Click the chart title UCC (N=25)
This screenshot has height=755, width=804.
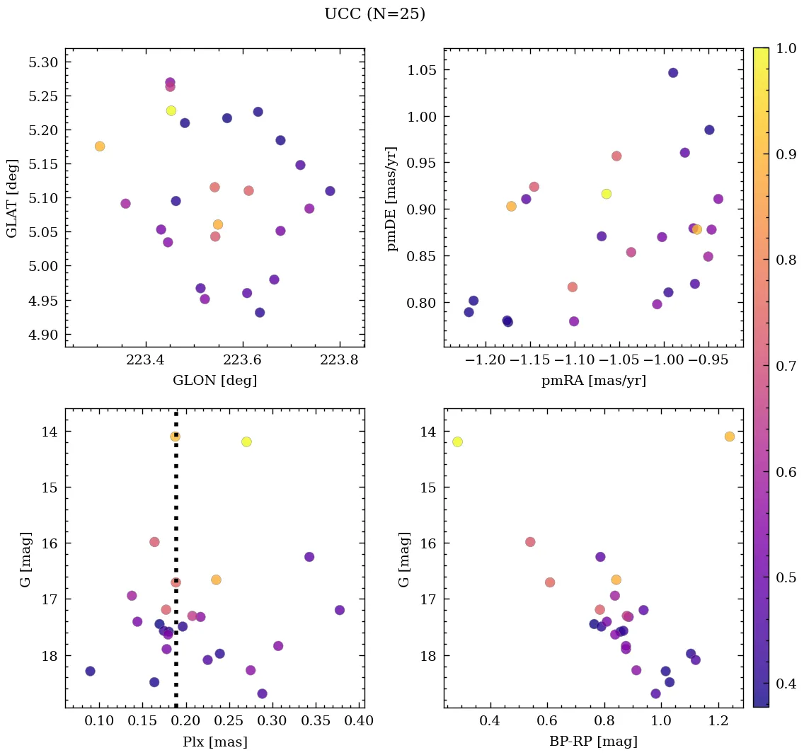click(x=374, y=14)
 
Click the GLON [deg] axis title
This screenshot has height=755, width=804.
click(x=214, y=381)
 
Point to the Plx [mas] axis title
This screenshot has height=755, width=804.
click(x=214, y=742)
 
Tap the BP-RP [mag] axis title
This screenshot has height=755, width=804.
click(x=593, y=742)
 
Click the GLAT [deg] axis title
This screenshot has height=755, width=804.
click(x=12, y=198)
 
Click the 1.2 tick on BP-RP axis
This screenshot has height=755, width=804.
click(x=718, y=722)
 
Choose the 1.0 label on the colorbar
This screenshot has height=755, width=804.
click(x=787, y=48)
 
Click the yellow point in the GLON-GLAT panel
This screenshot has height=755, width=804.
click(x=171, y=110)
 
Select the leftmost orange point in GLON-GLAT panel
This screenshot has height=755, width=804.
click(x=100, y=146)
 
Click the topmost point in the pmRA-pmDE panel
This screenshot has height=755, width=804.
click(x=673, y=73)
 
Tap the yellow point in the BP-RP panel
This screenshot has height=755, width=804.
click(x=457, y=442)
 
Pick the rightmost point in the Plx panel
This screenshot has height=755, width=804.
click(x=340, y=610)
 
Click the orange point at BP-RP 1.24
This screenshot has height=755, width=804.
click(x=730, y=437)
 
